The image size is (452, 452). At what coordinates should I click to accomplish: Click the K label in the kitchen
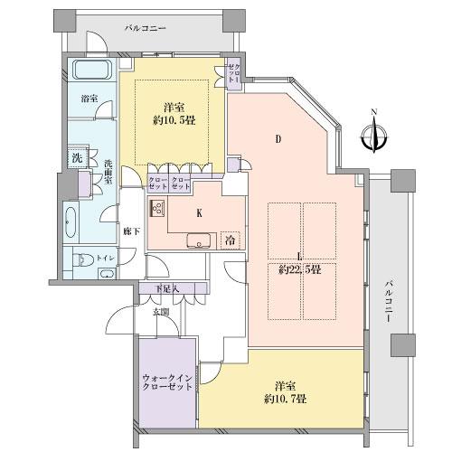tap(198, 213)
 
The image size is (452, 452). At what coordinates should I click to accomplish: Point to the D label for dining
tap(278, 138)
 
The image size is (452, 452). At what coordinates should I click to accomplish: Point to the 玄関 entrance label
tap(160, 312)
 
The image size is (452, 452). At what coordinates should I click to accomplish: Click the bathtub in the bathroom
tap(90, 71)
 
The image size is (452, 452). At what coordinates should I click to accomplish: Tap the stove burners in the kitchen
tap(157, 210)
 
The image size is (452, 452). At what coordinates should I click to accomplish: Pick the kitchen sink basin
tap(197, 241)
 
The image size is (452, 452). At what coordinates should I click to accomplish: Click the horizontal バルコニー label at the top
tap(146, 29)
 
